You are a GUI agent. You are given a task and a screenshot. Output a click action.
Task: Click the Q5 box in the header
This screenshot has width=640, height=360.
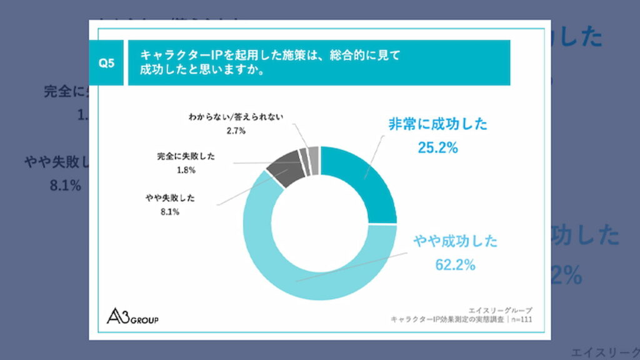(107, 62)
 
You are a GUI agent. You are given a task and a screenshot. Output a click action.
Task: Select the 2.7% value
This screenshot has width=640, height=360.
(236, 131)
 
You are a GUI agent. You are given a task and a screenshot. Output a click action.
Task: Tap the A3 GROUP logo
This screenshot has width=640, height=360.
(132, 316)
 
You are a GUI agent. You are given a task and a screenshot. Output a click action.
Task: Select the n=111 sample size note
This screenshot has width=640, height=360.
(521, 320)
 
